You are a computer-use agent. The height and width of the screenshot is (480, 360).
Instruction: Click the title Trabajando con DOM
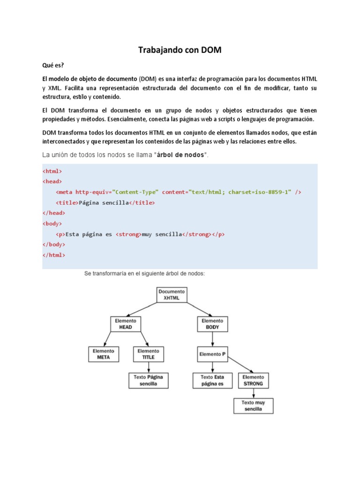click(180, 50)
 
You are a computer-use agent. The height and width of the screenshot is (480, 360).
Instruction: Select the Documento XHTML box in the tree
click(172, 294)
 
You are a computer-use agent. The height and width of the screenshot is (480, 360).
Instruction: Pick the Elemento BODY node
click(212, 324)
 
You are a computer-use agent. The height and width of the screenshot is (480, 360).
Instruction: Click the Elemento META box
click(103, 354)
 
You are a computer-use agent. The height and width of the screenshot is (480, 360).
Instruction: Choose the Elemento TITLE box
click(148, 354)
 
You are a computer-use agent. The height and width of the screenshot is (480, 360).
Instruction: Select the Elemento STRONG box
click(253, 380)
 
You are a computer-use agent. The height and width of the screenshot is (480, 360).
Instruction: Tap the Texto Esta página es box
click(212, 380)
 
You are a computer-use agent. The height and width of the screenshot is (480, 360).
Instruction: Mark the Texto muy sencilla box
click(253, 405)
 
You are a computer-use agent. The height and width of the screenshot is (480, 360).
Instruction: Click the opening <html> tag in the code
click(52, 171)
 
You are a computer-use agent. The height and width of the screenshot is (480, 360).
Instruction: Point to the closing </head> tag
click(54, 212)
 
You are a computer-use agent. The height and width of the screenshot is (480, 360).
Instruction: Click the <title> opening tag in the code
click(67, 202)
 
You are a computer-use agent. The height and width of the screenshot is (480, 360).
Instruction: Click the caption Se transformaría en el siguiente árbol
click(144, 273)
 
